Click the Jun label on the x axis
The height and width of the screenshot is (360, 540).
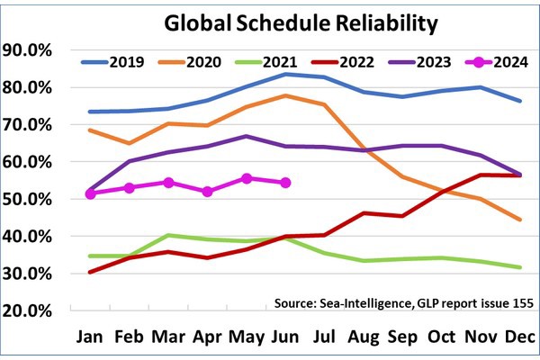[285, 337]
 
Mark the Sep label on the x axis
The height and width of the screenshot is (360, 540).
[401, 337]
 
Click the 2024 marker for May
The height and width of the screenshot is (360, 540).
[247, 179]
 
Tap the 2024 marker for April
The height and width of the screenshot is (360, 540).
[208, 192]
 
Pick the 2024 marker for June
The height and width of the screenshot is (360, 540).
[285, 183]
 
